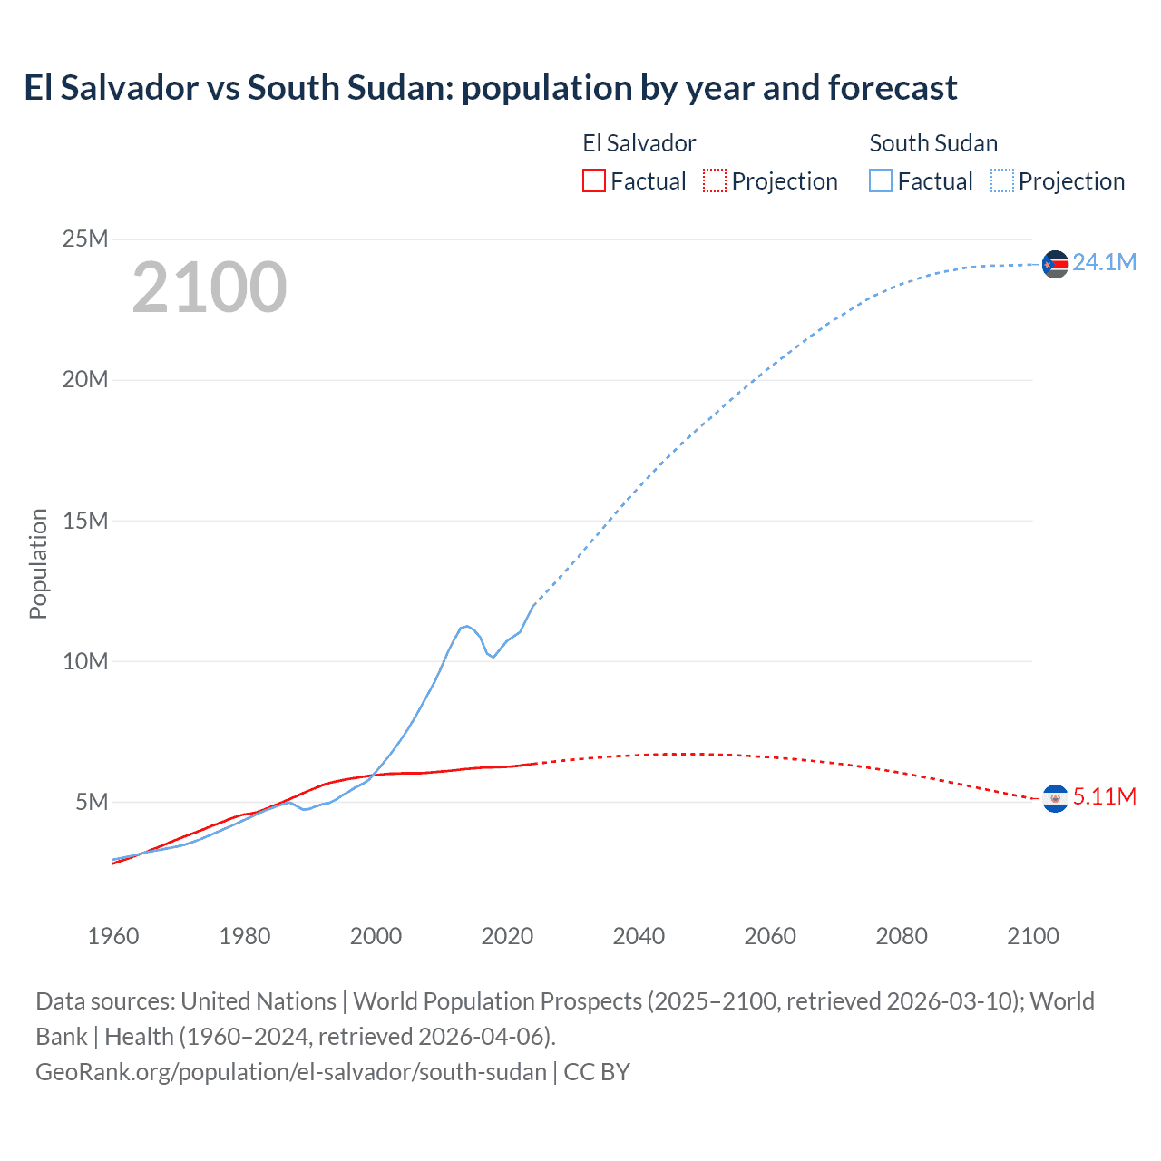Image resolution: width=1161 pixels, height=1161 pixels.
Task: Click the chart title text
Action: point(490,88)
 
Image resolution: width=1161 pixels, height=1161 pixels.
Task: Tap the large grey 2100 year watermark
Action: point(210,288)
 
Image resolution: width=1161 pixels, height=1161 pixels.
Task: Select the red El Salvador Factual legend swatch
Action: point(593,180)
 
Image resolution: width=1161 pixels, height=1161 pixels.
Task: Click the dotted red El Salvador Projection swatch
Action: point(715,180)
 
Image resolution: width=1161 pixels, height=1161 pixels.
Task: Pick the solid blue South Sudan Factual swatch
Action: point(881,180)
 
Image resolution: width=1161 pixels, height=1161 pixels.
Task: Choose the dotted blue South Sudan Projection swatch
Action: point(1001,180)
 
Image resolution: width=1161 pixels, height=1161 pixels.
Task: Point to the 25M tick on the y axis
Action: point(85,239)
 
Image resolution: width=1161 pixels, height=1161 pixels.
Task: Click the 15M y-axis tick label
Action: point(85,521)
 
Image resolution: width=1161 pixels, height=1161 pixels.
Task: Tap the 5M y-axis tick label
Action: point(92,802)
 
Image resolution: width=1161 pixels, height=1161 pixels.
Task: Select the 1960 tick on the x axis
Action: point(113,936)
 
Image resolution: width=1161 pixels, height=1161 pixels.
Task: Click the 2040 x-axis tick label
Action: point(639,936)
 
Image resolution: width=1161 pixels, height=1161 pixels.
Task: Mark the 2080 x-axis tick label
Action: point(902,936)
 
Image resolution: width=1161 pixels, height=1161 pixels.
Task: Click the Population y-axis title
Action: point(38,563)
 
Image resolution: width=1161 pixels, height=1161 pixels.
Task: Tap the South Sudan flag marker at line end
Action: point(1055,264)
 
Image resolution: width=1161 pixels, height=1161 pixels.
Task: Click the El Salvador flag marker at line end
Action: point(1055,798)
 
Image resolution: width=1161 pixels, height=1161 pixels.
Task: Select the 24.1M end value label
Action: point(1104,262)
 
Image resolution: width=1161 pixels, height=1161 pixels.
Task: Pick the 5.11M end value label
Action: point(1104,796)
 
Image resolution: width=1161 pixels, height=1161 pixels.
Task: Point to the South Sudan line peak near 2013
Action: point(466,626)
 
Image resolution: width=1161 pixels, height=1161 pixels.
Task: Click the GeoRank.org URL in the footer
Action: point(291,1071)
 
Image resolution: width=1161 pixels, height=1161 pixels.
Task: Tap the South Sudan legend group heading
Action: point(933,143)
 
